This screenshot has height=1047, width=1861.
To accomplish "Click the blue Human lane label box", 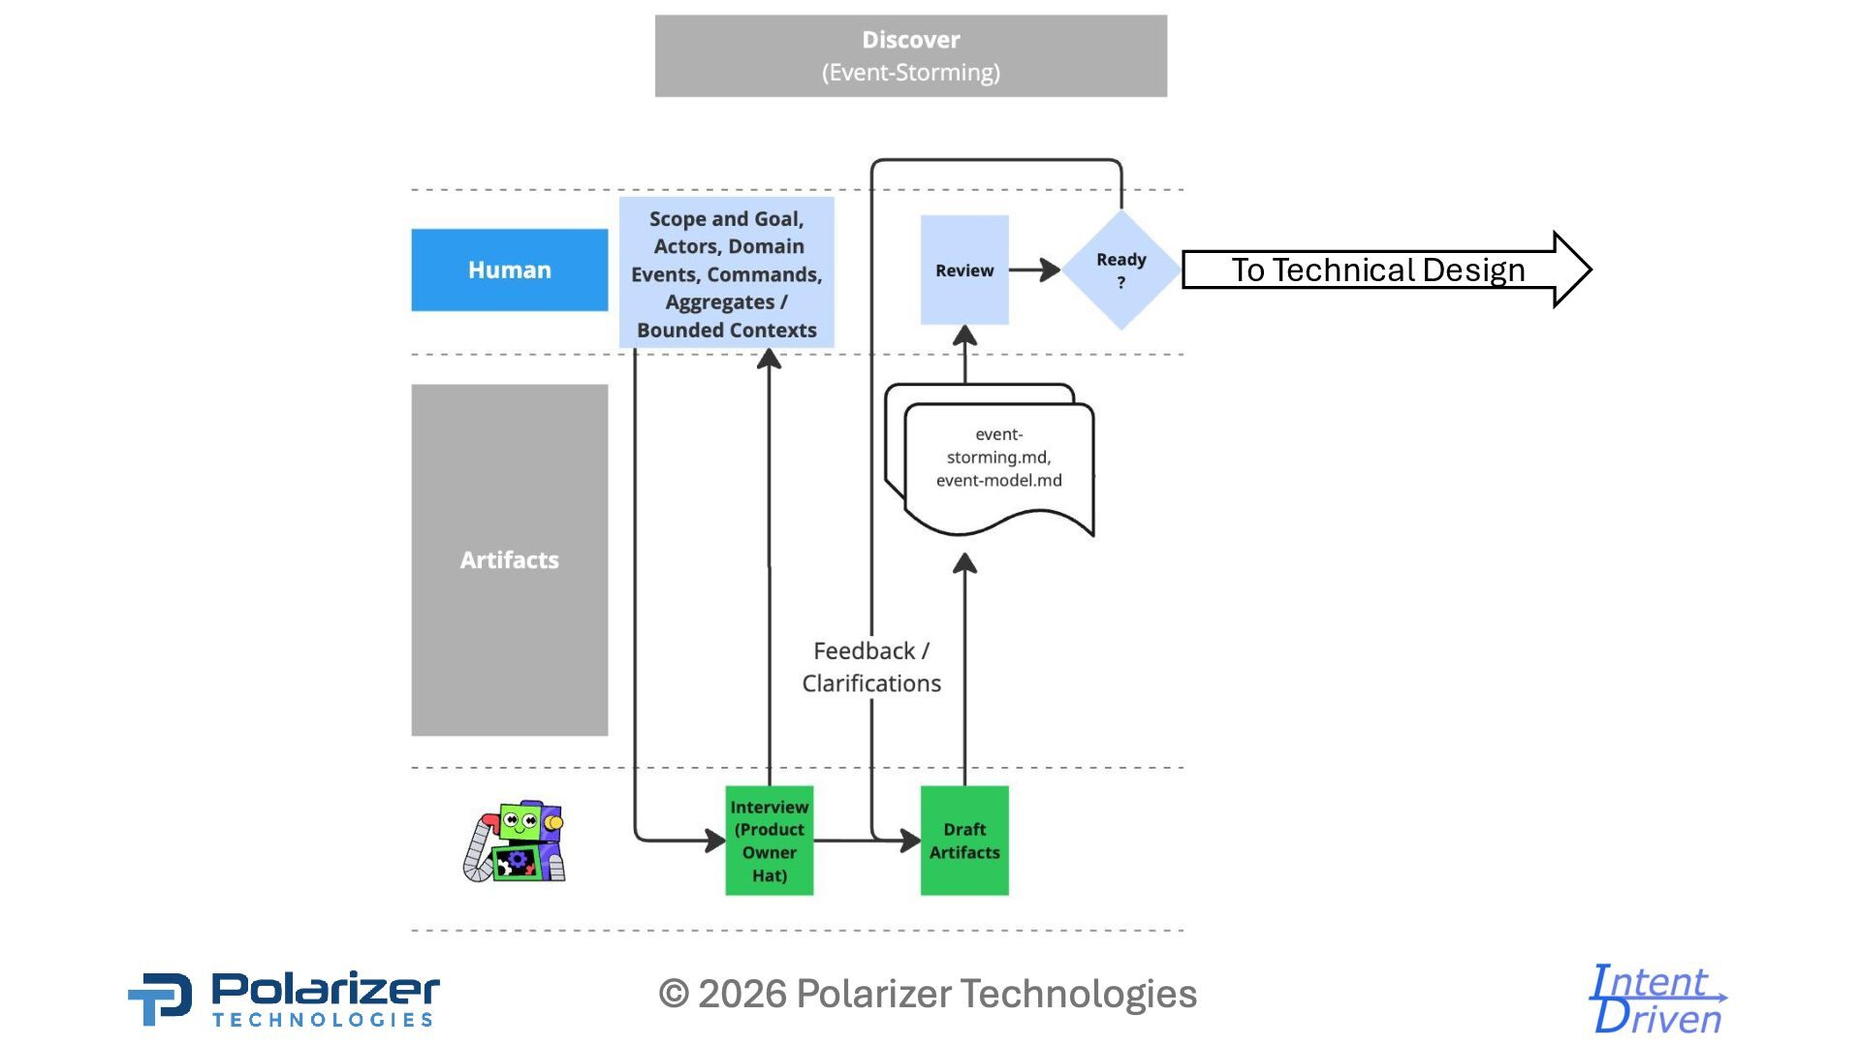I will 509,270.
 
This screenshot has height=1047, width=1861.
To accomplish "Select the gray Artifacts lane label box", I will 509,559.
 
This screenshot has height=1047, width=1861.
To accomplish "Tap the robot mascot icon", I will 515,841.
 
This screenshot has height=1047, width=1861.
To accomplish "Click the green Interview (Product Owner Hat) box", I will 769,841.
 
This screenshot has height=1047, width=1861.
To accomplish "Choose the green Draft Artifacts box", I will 963,841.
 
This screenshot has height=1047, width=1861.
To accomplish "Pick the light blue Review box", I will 963,270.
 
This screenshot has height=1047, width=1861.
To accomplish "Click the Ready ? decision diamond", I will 1120,270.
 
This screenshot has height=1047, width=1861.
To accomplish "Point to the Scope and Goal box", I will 726,272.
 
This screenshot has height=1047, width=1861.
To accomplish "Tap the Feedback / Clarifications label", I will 870,667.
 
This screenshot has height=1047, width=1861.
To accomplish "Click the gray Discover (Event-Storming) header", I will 910,55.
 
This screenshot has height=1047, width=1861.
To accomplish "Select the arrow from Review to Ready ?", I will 1035,270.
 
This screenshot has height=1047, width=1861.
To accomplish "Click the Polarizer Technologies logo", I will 284,998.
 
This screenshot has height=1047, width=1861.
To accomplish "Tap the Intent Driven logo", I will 1657,999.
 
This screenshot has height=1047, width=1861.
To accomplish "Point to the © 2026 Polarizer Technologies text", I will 928,994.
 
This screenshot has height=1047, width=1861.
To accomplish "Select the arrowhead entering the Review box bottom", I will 964,336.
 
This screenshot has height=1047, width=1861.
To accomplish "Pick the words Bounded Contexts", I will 726,330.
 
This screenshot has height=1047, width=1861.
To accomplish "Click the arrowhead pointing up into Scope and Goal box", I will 769,360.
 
